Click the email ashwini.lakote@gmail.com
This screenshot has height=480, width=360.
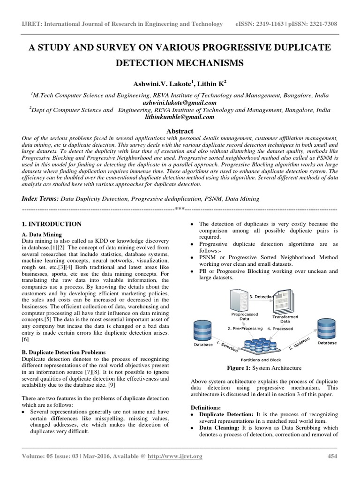[180, 103]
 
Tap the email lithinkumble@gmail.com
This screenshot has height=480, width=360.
[180, 118]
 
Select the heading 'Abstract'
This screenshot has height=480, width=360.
[180, 131]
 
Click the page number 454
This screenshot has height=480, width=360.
[331, 469]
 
